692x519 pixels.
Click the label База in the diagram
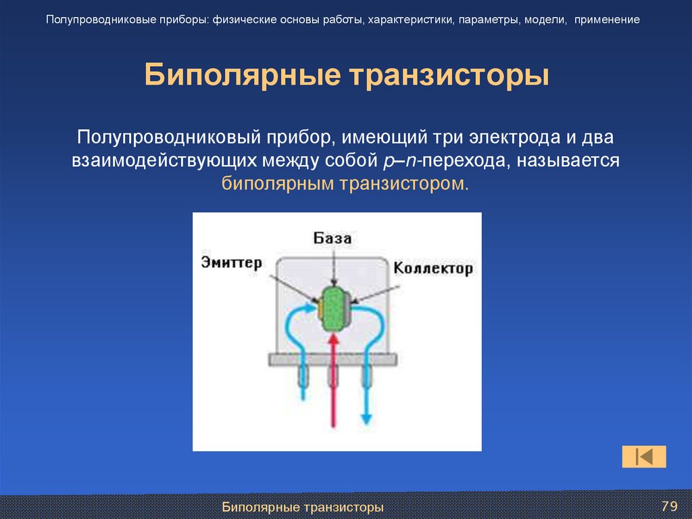tap(332, 238)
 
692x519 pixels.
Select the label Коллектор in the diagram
tap(433, 268)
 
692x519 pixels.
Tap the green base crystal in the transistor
tap(332, 309)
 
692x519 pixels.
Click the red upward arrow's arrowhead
tap(332, 344)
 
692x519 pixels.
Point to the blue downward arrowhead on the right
tap(366, 415)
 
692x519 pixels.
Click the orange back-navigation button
tap(644, 457)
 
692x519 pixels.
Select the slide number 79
tap(669, 506)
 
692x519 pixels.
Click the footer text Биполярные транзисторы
tap(303, 507)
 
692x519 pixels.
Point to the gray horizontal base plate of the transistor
tap(332, 359)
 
